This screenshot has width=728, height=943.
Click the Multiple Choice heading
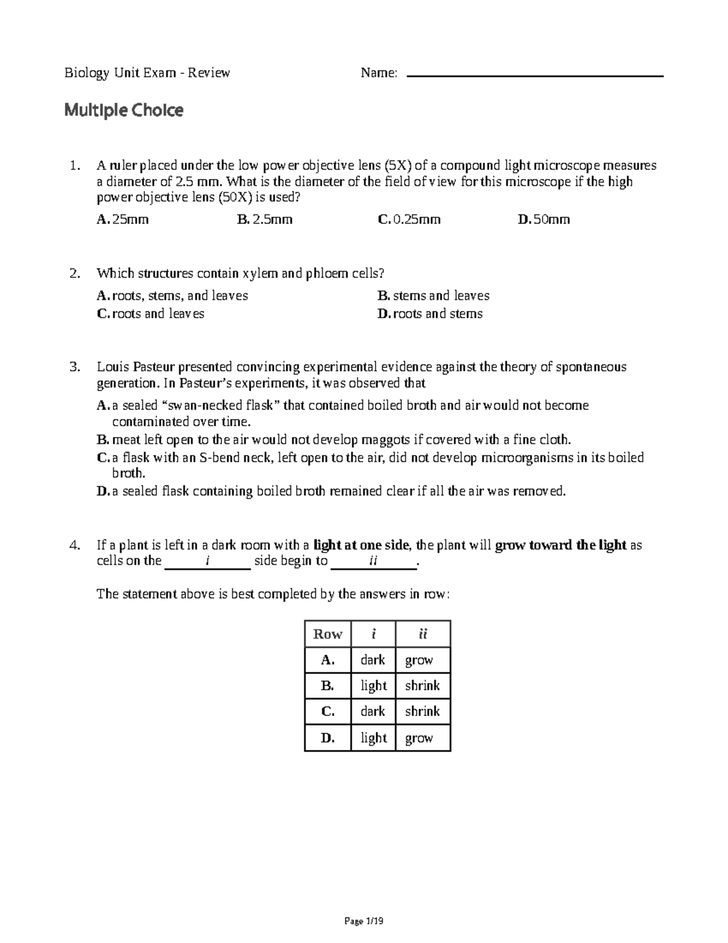pos(124,111)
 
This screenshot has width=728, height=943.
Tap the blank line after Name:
pos(535,75)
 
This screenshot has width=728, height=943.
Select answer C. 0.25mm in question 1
pos(409,219)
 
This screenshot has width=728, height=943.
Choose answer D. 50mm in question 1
pos(544,219)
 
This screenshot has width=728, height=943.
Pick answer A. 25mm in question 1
pos(123,219)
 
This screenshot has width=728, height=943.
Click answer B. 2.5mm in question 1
pos(265,219)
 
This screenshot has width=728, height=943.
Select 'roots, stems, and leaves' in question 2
pos(172,296)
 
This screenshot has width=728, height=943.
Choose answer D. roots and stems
pos(430,314)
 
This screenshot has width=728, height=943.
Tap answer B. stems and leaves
pos(433,296)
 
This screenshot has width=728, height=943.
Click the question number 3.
pos(75,367)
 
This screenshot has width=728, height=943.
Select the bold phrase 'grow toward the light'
pos(561,545)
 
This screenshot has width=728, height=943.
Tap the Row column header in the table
pos(328,634)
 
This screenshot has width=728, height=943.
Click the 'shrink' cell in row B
pos(422,686)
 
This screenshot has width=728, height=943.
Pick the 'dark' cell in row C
pos(372,711)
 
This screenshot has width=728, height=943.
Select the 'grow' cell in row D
pos(419,738)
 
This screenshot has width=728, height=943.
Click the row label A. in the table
pos(328,660)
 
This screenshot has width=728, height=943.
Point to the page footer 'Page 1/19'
pos(364,921)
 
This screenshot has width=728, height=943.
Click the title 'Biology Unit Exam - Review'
pos(147,73)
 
